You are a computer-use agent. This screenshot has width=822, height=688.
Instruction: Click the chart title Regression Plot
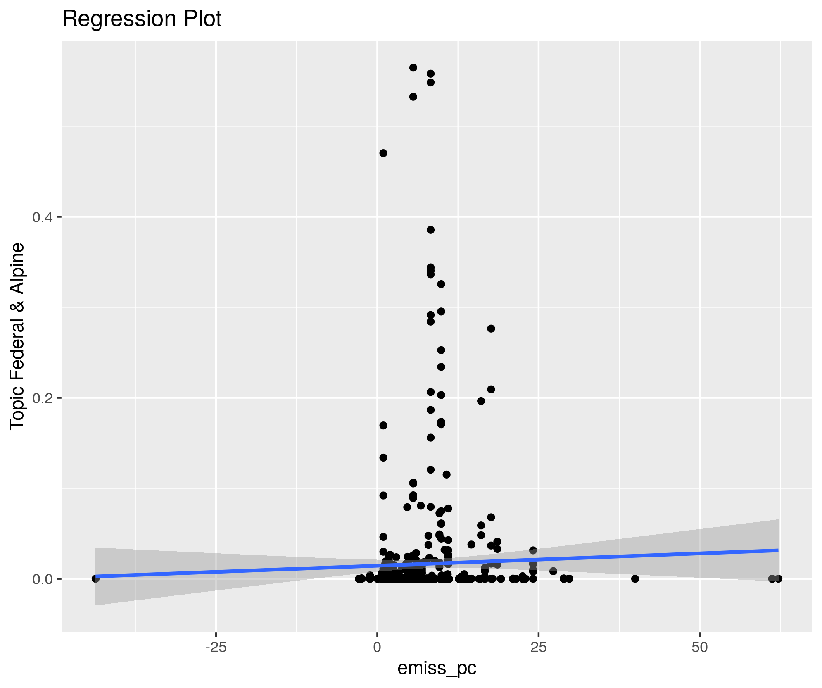[142, 19]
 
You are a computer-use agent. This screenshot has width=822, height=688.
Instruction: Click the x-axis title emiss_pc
[437, 669]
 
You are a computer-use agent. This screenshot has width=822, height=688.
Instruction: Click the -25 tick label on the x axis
[216, 648]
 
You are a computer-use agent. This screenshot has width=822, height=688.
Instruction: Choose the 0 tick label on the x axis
[377, 648]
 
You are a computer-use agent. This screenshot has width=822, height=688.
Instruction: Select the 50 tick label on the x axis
[700, 648]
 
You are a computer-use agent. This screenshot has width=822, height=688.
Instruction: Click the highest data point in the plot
[413, 68]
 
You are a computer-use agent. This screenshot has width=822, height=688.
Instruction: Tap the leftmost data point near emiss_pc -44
[95, 578]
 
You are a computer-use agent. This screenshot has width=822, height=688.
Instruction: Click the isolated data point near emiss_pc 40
[635, 578]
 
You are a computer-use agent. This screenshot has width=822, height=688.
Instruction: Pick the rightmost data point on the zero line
[778, 578]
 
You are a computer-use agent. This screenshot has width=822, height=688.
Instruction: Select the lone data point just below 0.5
[383, 153]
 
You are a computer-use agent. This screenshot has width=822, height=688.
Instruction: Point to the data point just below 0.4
[430, 230]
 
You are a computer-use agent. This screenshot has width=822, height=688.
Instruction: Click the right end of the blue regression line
[778, 550]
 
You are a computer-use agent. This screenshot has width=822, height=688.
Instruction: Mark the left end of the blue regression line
[96, 576]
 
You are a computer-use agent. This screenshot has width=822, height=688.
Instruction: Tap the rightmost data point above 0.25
[491, 329]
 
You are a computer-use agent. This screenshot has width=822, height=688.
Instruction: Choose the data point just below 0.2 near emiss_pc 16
[481, 401]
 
